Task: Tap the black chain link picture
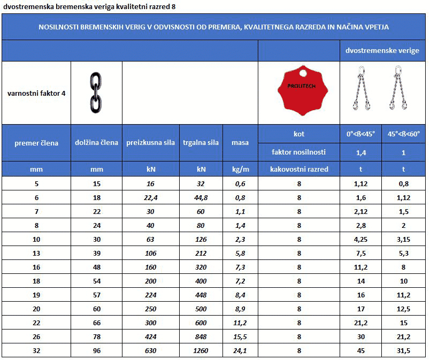(96, 93)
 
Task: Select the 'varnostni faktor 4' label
(36, 93)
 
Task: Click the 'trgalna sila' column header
(201, 142)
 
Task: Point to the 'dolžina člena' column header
(97, 142)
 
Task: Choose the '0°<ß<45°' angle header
(361, 134)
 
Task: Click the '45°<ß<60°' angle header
(404, 134)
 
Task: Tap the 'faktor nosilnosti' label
(299, 152)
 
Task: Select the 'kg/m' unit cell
(240, 169)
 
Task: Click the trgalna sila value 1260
(201, 351)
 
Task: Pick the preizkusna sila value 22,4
(151, 197)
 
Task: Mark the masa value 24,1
(240, 351)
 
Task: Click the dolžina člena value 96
(97, 351)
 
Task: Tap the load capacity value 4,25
(361, 233)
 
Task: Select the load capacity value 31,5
(404, 351)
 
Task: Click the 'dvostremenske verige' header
(383, 51)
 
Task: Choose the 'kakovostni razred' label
(299, 169)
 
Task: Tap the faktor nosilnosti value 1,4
(361, 152)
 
